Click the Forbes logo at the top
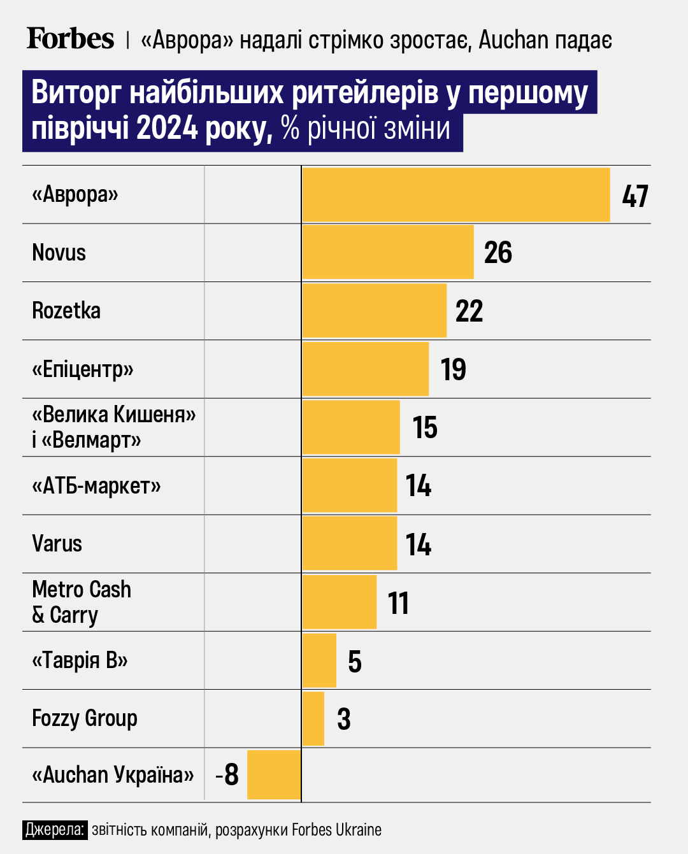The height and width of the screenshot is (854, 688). click(x=70, y=39)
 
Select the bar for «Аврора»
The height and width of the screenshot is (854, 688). click(x=455, y=195)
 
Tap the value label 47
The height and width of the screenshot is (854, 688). click(x=634, y=196)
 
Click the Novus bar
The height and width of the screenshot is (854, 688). click(x=387, y=252)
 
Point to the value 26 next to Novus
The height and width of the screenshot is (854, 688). click(x=498, y=253)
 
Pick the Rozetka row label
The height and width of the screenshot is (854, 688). click(x=66, y=311)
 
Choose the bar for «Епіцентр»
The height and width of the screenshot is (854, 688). click(x=365, y=369)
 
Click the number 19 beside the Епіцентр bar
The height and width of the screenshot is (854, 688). click(x=453, y=370)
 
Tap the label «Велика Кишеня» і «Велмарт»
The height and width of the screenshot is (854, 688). click(x=113, y=427)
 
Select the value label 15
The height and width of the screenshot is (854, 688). click(x=424, y=428)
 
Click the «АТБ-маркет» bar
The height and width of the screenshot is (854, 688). click(x=349, y=485)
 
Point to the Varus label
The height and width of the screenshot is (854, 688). click(x=57, y=544)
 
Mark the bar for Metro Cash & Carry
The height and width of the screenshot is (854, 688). click(x=339, y=602)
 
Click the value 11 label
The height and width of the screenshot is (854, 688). click(x=398, y=603)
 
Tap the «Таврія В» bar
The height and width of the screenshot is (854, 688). click(x=319, y=660)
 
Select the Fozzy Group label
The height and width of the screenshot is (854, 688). click(x=85, y=718)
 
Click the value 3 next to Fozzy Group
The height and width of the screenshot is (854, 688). click(x=343, y=719)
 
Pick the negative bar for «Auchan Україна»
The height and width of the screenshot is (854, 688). click(x=274, y=774)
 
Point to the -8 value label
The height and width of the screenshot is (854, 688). click(x=227, y=775)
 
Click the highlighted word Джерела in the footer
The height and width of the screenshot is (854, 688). click(x=55, y=830)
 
